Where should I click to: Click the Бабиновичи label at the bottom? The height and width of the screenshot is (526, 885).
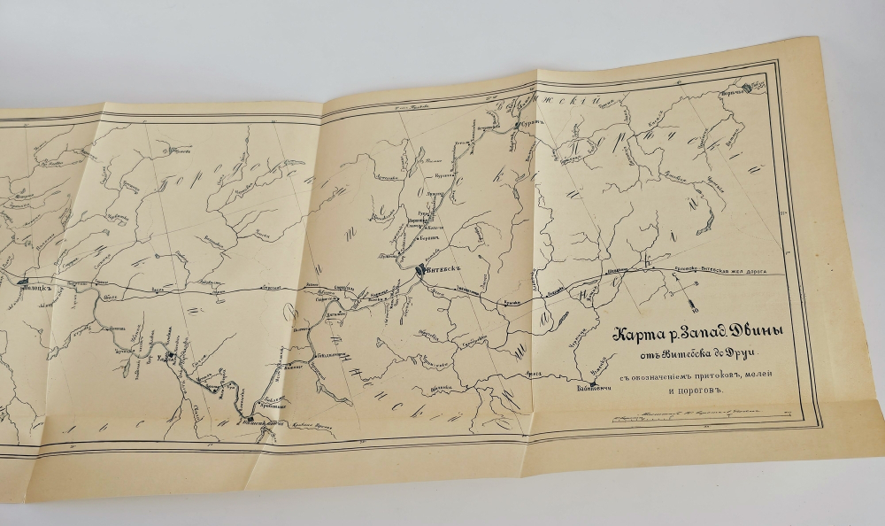tap(594, 386)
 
